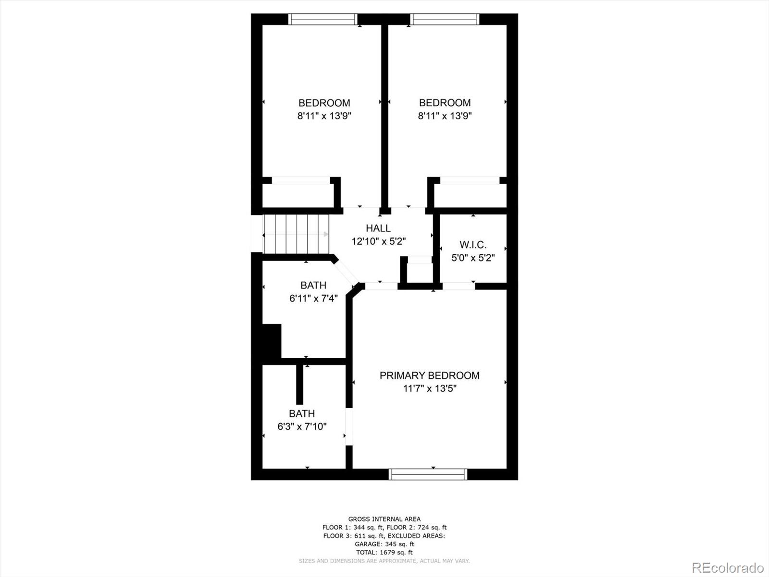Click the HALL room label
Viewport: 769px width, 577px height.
pyautogui.click(x=378, y=228)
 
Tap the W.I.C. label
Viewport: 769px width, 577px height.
pyautogui.click(x=473, y=245)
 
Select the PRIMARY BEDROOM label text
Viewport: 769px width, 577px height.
pyautogui.click(x=430, y=376)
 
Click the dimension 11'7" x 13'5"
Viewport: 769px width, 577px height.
pyautogui.click(x=430, y=389)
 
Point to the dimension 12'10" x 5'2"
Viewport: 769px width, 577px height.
pyautogui.click(x=379, y=241)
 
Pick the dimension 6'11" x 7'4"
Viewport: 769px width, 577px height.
pyautogui.click(x=313, y=299)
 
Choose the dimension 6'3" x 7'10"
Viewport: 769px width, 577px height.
pyautogui.click(x=302, y=426)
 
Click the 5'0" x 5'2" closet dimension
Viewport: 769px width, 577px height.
pyautogui.click(x=473, y=258)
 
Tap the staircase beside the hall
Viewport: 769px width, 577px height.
pyautogui.click(x=297, y=234)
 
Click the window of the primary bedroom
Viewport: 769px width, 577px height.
pyautogui.click(x=428, y=475)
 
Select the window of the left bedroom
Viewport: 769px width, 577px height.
pyautogui.click(x=322, y=19)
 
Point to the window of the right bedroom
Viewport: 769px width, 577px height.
pyautogui.click(x=445, y=19)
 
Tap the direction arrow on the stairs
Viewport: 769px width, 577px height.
pyautogui.click(x=297, y=234)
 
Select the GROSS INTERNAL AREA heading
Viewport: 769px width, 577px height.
pyautogui.click(x=384, y=519)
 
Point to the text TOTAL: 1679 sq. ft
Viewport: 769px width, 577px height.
pyautogui.click(x=384, y=552)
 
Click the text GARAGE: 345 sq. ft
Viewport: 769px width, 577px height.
pyautogui.click(x=384, y=544)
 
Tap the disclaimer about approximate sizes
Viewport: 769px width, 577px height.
pyautogui.click(x=384, y=561)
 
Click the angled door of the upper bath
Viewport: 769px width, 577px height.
pyautogui.click(x=345, y=273)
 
